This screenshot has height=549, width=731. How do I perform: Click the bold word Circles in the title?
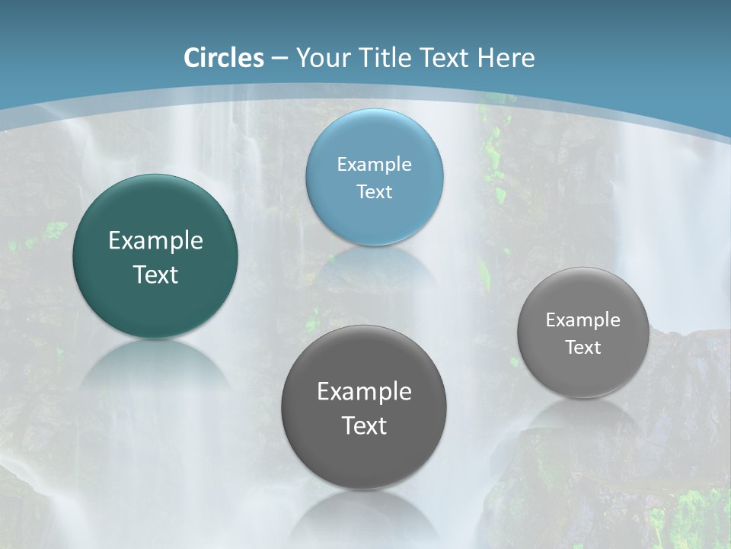pos(224,58)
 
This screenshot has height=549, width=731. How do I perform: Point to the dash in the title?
pos(279,59)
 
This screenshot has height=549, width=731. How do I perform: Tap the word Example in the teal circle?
pos(155,241)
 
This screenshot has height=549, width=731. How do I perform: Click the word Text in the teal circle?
pos(155,274)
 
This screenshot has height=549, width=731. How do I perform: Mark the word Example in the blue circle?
pos(374,165)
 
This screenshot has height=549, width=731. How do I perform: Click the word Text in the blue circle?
pos(374,191)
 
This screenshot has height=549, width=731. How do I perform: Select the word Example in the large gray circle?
pos(364,392)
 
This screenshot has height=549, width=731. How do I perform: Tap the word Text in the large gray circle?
pos(364,425)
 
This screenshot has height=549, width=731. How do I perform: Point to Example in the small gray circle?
pos(583,320)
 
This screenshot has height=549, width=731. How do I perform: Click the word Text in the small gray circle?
pos(583,348)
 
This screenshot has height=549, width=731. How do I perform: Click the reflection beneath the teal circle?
pos(155,374)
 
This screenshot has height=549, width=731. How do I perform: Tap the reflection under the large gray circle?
pos(364,518)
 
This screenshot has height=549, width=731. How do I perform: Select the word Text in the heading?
pos(445,58)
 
